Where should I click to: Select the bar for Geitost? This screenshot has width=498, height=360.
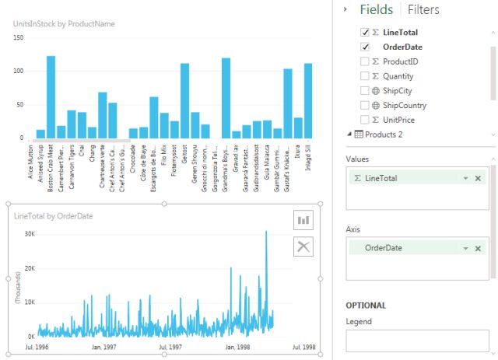(x=184, y=101)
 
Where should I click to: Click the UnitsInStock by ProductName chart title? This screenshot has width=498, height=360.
(x=64, y=24)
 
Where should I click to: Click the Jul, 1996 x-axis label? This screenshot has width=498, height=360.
(x=38, y=348)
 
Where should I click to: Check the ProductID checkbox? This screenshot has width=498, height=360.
(x=365, y=61)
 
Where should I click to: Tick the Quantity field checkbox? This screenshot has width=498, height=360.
(x=365, y=76)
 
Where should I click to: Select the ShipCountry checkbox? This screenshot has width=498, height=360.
(x=365, y=104)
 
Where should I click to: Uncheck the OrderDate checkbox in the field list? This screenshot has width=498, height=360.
(x=365, y=47)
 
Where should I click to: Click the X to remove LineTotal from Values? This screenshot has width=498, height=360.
(x=478, y=178)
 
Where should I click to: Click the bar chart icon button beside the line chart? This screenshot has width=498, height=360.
(x=302, y=219)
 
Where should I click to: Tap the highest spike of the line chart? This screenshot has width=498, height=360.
(x=266, y=232)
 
